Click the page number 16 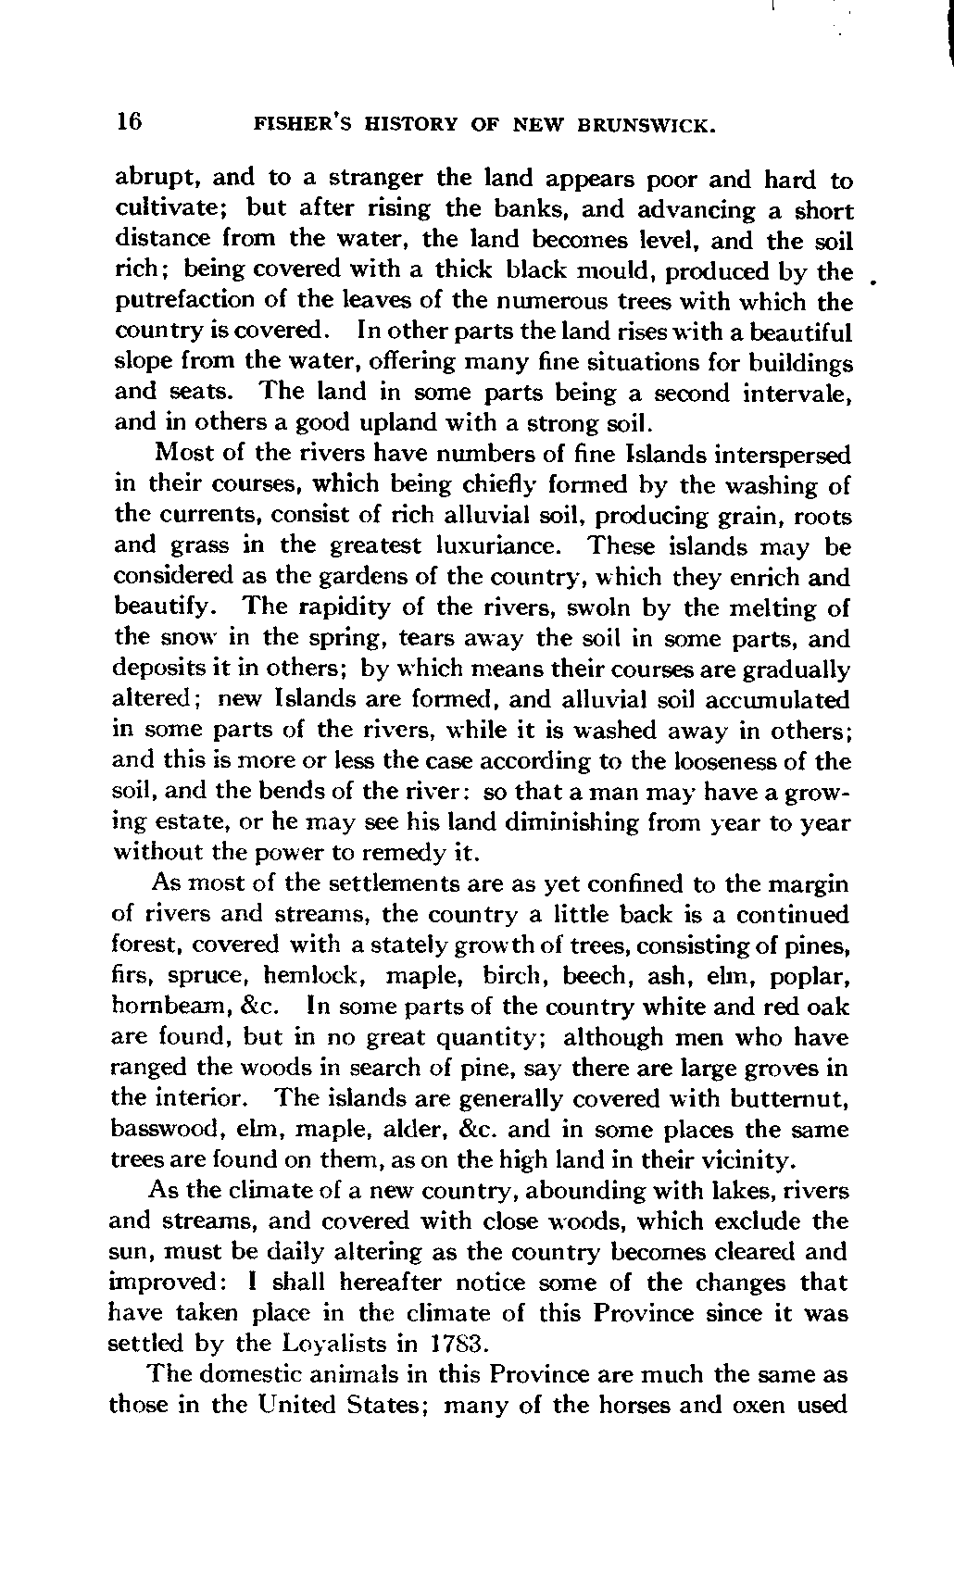click(x=127, y=121)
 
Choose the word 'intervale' click(x=797, y=394)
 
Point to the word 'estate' click(x=183, y=822)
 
